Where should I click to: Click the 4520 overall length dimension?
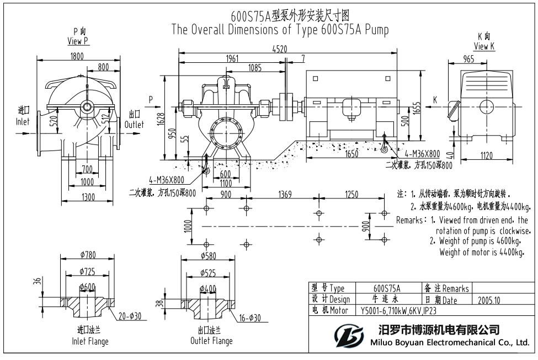click(x=280, y=49)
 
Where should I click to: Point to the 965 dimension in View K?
click(x=468, y=60)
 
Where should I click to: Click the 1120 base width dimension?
click(x=486, y=156)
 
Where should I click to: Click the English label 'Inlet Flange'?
click(x=90, y=341)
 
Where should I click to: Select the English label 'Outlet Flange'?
click(x=211, y=341)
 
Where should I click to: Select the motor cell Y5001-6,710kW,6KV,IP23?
click(x=395, y=311)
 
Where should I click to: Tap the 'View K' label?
click(x=484, y=47)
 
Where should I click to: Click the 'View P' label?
click(x=78, y=41)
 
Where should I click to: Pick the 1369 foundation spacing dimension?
click(x=285, y=194)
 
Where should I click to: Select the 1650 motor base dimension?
click(x=351, y=154)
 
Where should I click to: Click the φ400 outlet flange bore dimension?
click(x=208, y=289)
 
